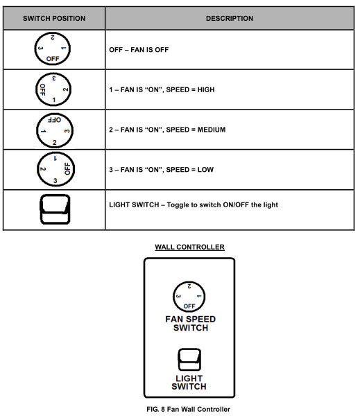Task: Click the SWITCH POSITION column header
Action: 54,19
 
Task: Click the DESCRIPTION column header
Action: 230,19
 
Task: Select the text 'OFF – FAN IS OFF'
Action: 139,50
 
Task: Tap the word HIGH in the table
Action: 206,90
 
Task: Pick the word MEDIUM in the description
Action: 212,130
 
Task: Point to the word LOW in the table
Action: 205,170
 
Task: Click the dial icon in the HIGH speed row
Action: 53,89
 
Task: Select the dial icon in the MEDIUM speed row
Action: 55,130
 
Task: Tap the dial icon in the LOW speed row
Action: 55,169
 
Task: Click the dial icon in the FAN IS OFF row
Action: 53,49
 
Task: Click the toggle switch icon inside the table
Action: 55,209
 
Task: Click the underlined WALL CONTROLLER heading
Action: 189,247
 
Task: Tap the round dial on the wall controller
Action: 189,297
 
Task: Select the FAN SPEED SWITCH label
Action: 190,323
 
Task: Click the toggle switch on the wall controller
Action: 189,360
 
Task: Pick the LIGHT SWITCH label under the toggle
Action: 189,383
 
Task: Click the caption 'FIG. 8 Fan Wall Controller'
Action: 188,409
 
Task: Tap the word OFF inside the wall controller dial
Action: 189,306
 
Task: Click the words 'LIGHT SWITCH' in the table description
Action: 134,205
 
